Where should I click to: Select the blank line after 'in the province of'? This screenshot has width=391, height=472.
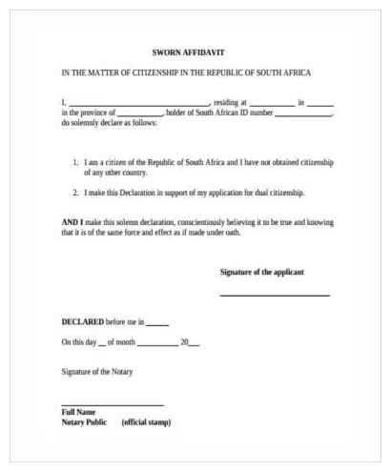pyautogui.click(x=141, y=113)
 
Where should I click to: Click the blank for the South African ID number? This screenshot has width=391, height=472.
pyautogui.click(x=304, y=113)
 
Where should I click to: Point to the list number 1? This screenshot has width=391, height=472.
pyautogui.click(x=75, y=163)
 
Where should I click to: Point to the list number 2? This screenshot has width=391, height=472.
pyautogui.click(x=75, y=193)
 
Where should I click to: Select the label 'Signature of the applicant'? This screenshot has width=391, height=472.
pyautogui.click(x=262, y=273)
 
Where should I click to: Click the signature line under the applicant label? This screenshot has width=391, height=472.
pyautogui.click(x=275, y=295)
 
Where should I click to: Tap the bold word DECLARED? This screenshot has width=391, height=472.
pyautogui.click(x=84, y=321)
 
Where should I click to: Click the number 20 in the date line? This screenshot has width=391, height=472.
pyautogui.click(x=184, y=341)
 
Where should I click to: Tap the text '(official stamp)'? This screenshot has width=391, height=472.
pyautogui.click(x=147, y=421)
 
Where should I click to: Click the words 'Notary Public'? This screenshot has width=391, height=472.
pyautogui.click(x=84, y=421)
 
